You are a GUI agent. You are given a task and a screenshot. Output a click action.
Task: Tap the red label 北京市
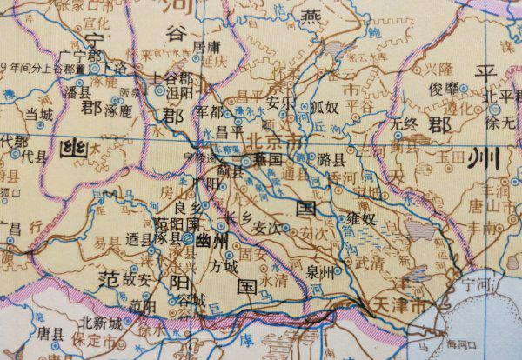[277, 141]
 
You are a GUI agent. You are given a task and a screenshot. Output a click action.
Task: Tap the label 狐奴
[324, 108]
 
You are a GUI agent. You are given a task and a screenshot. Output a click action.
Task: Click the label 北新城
[97, 322]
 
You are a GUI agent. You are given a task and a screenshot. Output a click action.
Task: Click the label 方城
[224, 265]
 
